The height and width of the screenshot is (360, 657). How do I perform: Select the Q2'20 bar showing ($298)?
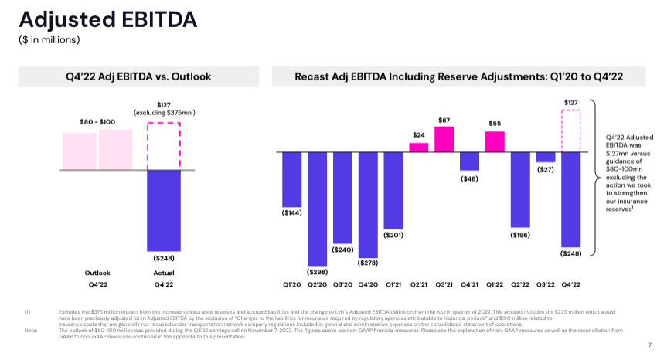point(318,208)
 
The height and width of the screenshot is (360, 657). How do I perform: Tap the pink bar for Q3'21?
point(444,139)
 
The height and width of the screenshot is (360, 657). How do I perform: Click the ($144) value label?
point(292,211)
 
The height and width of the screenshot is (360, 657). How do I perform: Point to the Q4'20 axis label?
point(368,285)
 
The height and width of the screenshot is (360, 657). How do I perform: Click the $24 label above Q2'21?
point(419,134)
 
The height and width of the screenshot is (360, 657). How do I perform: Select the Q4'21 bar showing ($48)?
point(469,161)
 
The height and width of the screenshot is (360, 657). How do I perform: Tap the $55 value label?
point(495,123)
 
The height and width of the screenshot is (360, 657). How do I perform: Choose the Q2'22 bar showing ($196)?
point(520,188)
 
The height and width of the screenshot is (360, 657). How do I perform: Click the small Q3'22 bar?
point(546,157)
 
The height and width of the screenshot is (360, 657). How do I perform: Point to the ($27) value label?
point(546,169)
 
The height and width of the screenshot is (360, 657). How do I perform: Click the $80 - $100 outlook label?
point(97,121)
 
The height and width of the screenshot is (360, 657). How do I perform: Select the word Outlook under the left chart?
point(97,273)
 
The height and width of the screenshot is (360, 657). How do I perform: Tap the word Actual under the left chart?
point(164,273)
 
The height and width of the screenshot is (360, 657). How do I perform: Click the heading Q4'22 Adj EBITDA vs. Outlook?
point(138,76)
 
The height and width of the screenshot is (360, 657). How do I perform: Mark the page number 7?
point(648,344)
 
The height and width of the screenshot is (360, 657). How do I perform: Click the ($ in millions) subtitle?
point(49,39)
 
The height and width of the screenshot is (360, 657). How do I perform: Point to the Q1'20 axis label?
point(291,285)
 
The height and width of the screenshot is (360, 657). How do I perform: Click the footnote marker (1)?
point(27,311)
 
